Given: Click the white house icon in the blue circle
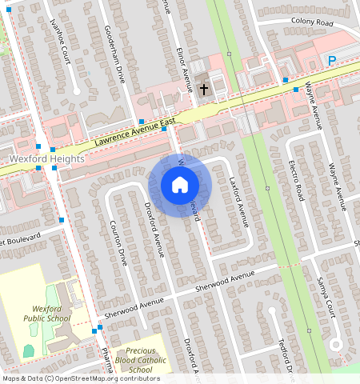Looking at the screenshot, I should point(179,186).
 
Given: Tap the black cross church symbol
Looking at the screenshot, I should point(204,88).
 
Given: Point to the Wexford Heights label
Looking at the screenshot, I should point(47,159).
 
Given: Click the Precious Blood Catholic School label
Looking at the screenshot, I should point(140,359).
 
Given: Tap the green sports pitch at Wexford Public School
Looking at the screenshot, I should point(29,350).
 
